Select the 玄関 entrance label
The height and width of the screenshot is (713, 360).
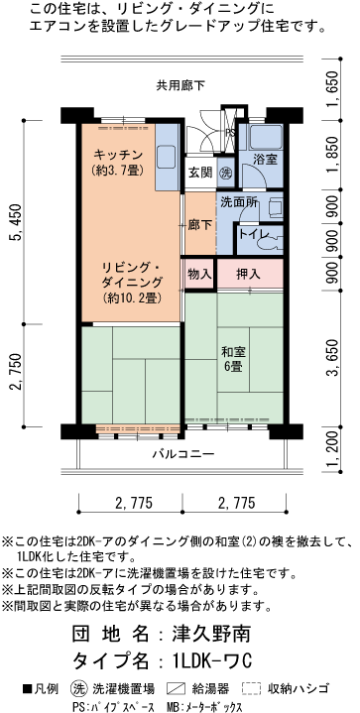pos(201,173)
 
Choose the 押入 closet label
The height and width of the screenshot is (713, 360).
pos(248,275)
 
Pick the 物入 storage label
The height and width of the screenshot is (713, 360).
pos(199,274)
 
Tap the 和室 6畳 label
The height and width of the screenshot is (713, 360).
pos(234,359)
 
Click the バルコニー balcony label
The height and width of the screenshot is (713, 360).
pos(183,453)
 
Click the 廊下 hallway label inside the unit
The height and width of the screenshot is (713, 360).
pos(200,225)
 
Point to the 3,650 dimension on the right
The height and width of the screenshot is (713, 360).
pos(334,358)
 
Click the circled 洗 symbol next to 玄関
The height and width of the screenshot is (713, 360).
pos(226,173)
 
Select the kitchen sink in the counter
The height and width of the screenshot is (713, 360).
pos(167,157)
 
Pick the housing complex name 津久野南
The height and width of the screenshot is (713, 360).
pos(211,633)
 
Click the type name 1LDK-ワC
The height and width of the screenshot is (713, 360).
pos(212,660)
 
